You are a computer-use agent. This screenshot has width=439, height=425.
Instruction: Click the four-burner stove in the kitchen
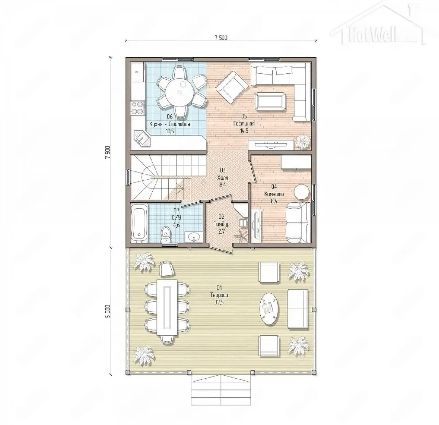tap(138, 108)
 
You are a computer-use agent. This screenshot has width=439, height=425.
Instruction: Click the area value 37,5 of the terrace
tap(219, 303)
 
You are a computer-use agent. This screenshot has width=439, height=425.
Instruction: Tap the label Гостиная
tap(244, 124)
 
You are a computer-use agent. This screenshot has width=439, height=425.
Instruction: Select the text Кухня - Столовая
tap(170, 124)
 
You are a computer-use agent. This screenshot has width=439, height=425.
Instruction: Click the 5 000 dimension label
tap(108, 311)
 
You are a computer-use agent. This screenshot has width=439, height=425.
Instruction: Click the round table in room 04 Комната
tap(301, 192)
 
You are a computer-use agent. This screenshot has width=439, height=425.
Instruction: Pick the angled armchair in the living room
tap(232, 87)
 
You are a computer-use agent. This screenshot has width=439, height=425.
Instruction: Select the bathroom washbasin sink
tap(194, 237)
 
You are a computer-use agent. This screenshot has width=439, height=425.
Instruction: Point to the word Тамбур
tap(222, 224)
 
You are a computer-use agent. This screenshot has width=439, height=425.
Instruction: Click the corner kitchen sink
tap(142, 139)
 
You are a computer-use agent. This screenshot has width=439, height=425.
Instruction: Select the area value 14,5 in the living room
tap(244, 131)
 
